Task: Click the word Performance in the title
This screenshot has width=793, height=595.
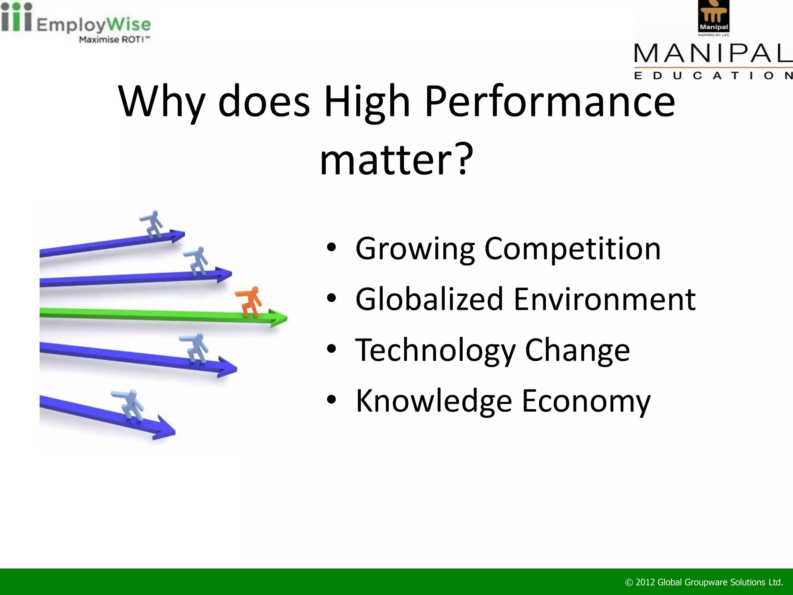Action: (550, 101)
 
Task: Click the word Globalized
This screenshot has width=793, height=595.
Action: (429, 299)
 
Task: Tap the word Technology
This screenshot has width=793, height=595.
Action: (435, 350)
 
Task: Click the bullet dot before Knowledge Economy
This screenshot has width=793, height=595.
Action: (331, 400)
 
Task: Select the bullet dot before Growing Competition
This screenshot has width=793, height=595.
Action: (331, 248)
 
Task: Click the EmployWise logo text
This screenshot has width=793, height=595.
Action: (93, 25)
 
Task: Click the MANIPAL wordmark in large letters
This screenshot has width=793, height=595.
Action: (712, 53)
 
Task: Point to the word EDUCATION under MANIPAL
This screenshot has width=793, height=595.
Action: (712, 76)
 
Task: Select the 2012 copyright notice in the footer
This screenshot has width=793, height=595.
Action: (704, 582)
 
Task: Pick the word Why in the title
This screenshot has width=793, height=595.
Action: (161, 101)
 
